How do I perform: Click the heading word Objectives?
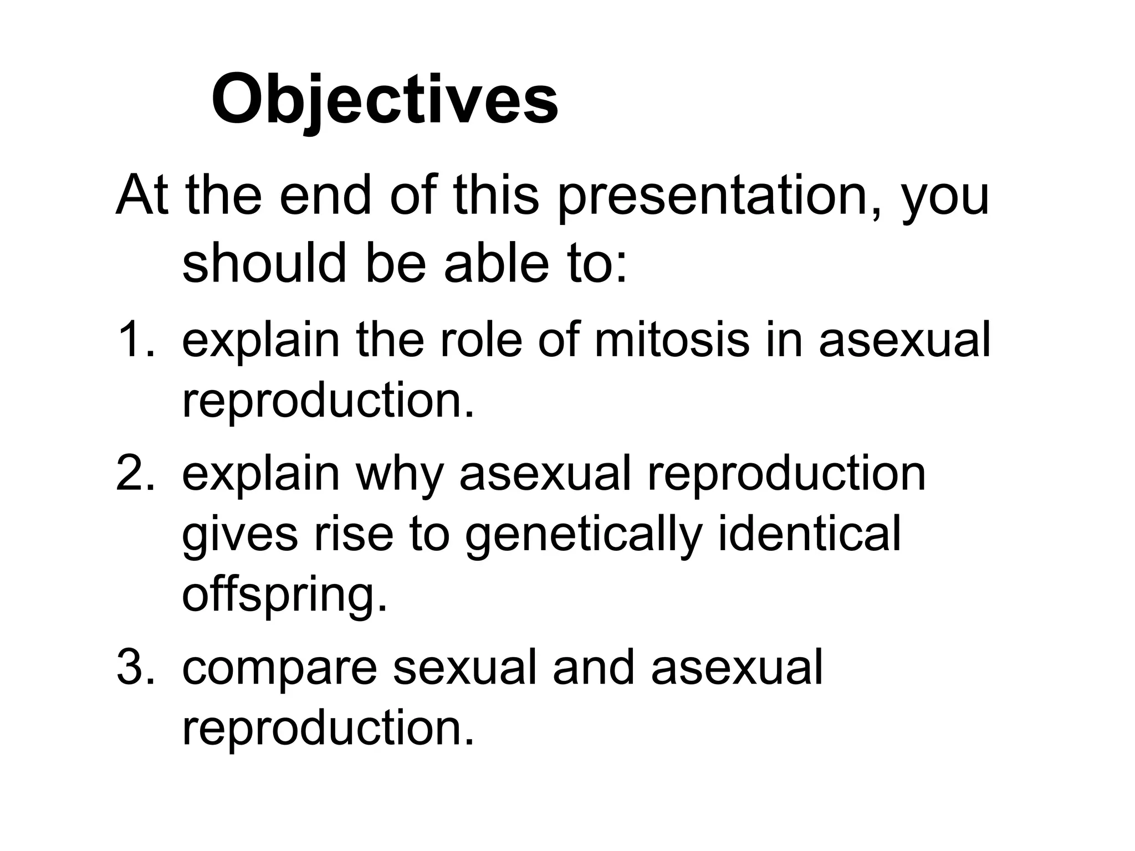point(385,100)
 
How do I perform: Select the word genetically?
point(583,536)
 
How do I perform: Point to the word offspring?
point(284,596)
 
